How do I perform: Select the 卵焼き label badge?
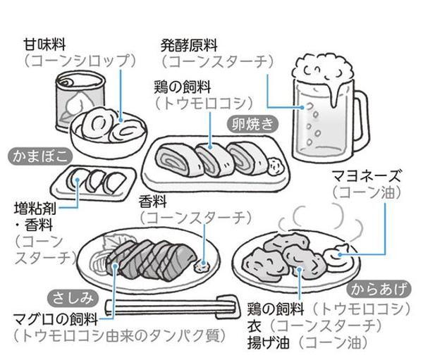[x=252, y=125]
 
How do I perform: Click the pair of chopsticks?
[x=169, y=308]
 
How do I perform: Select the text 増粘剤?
[x=36, y=209]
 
